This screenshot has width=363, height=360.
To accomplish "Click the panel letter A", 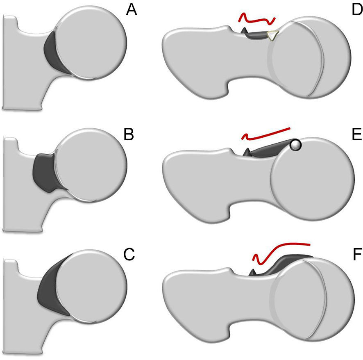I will click(x=132, y=11).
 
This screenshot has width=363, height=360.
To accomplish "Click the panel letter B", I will click(x=129, y=134).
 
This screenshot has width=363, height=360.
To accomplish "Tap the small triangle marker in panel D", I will click(x=272, y=36).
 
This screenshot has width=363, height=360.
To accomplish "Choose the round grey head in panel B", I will click(x=90, y=164).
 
